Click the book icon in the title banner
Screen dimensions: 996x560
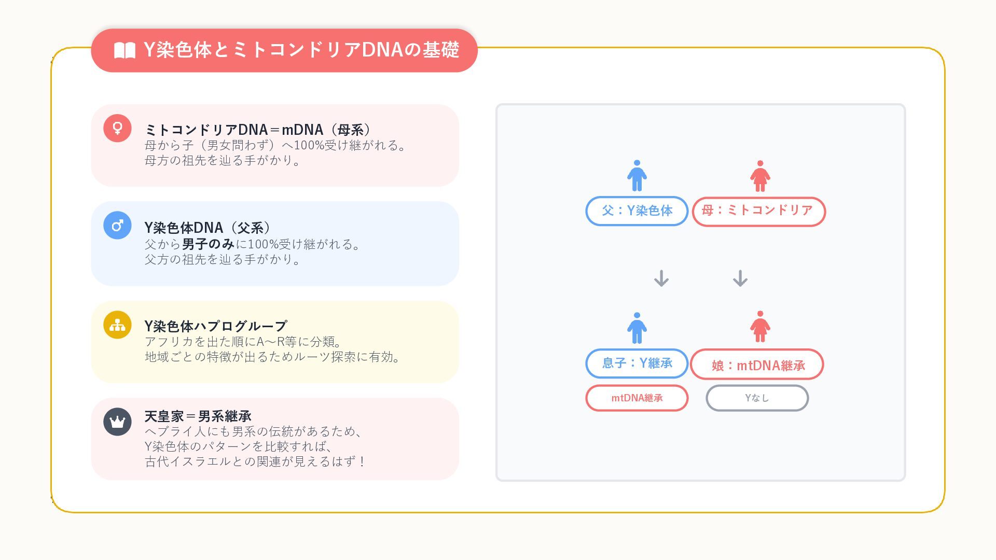(x=125, y=50)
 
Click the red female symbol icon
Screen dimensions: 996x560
(x=117, y=128)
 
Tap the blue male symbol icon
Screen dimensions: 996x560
(x=117, y=226)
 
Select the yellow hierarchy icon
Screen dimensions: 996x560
(x=117, y=325)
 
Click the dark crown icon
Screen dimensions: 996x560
(x=117, y=422)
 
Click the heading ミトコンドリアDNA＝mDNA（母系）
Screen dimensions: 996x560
(x=258, y=129)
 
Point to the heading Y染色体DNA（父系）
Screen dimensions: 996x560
(x=208, y=228)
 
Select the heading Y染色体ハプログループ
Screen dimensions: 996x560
(x=216, y=326)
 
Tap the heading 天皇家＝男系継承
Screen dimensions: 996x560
(x=198, y=416)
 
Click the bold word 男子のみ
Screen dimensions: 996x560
(x=209, y=244)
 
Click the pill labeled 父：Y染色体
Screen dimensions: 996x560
(x=637, y=211)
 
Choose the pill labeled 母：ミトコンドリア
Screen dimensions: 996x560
(x=758, y=211)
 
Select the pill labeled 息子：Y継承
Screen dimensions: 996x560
(x=637, y=363)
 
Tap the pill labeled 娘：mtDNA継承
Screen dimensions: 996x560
(x=757, y=365)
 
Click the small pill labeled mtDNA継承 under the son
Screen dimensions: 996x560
(x=637, y=398)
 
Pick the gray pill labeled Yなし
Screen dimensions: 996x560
(x=757, y=398)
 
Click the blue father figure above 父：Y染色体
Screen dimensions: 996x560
(x=637, y=176)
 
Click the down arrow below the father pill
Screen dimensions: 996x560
(x=661, y=278)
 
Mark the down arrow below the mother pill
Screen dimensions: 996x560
(x=740, y=278)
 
